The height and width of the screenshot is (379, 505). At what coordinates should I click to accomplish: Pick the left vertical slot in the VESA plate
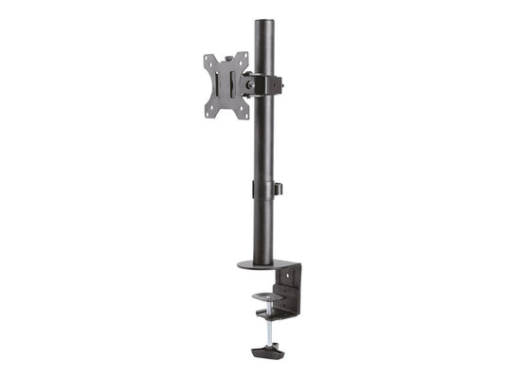pyautogui.click(x=216, y=86)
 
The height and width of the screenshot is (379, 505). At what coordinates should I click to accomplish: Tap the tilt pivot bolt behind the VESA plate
pyautogui.click(x=249, y=84)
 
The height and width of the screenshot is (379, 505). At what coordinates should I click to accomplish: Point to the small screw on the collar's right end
pyautogui.click(x=280, y=83)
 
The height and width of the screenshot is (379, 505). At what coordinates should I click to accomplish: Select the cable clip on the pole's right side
pyautogui.click(x=279, y=189)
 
